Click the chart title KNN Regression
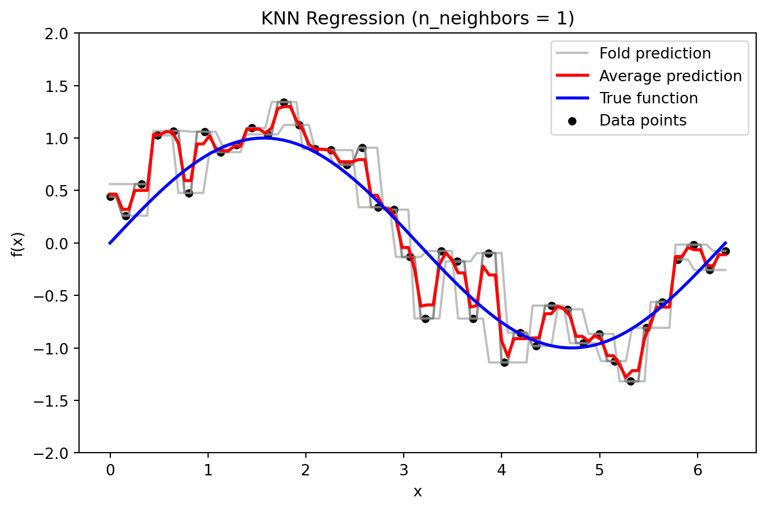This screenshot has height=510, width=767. [417, 19]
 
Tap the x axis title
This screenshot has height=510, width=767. [417, 492]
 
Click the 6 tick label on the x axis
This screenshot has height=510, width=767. [698, 470]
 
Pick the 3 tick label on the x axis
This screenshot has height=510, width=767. [404, 470]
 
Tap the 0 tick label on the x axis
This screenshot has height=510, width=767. [110, 470]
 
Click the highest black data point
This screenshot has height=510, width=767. [284, 103]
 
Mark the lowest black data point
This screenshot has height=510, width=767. [631, 381]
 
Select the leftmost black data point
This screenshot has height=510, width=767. [111, 197]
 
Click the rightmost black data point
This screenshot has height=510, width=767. [725, 251]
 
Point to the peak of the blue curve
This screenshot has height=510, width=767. [264, 138]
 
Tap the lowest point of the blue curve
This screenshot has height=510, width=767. [571, 348]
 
